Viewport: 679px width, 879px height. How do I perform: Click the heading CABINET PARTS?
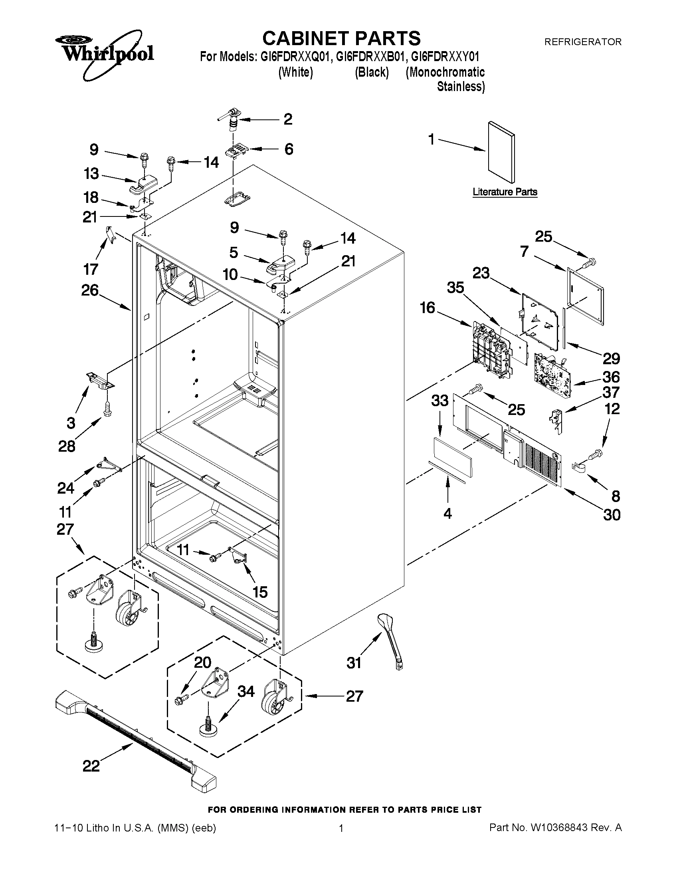341,39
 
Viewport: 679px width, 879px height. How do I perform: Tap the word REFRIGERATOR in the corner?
582,42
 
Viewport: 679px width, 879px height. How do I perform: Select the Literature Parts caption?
505,192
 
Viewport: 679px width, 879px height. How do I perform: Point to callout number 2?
288,119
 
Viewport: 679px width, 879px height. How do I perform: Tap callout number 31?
354,663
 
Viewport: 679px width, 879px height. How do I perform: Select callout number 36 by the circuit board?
611,377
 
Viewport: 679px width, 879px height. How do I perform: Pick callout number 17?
91,269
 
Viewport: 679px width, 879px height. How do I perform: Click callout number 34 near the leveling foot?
246,691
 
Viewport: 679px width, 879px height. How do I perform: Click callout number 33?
439,401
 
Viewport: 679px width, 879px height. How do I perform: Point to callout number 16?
428,308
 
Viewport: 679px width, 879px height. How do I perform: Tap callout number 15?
260,591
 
